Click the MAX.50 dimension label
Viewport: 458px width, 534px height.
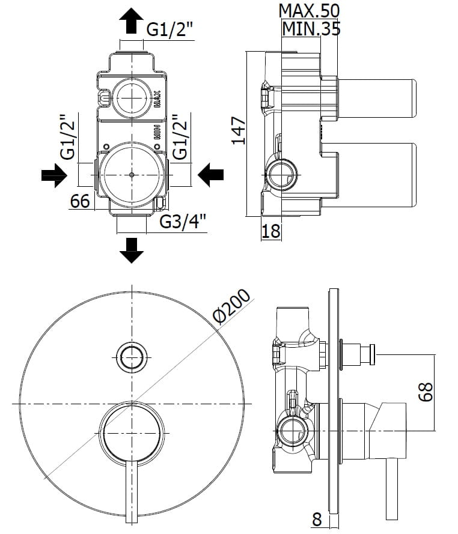tap(309, 10)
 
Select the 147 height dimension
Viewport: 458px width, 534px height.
tap(239, 130)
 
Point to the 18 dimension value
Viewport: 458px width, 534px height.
tap(271, 230)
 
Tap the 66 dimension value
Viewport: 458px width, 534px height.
tap(80, 201)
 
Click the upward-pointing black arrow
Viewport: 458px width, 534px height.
tap(131, 23)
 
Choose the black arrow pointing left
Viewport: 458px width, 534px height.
tap(210, 175)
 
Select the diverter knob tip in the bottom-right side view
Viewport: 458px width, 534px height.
tap(372, 355)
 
